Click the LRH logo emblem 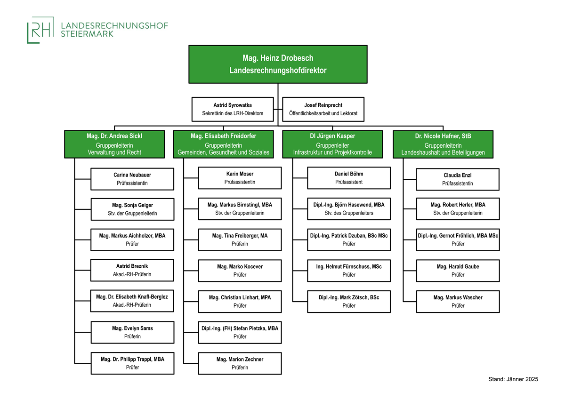(x=40, y=30)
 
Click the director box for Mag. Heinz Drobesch (x=278, y=64)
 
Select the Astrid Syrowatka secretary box (x=233, y=109)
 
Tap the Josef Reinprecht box (x=323, y=109)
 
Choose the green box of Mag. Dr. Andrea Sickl (x=114, y=144)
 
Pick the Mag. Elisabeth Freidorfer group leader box (x=224, y=144)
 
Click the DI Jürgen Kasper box (x=332, y=144)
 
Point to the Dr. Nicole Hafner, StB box (x=443, y=144)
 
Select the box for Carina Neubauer (x=132, y=179)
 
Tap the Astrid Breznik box (x=132, y=270)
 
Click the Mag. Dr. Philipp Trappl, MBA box (x=132, y=363)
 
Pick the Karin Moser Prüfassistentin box (x=240, y=178)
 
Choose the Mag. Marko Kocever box (x=240, y=271)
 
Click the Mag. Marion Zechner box (x=240, y=363)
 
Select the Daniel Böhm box (x=349, y=178)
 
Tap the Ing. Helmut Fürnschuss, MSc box (x=349, y=271)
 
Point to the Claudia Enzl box (x=458, y=179)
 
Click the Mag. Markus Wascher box (x=458, y=302)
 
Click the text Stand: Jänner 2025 (x=513, y=379)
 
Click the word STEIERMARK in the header (x=87, y=34)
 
